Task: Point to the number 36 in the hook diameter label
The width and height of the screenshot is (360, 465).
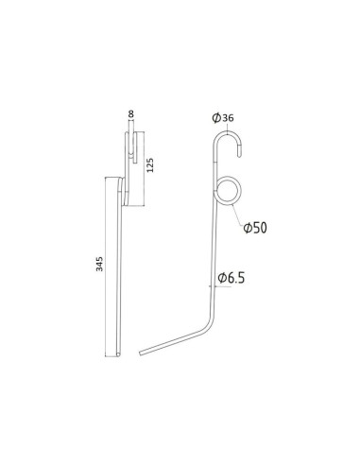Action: tap(230, 117)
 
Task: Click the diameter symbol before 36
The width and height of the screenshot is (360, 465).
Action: tap(216, 117)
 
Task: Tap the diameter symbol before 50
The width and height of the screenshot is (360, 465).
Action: tap(247, 228)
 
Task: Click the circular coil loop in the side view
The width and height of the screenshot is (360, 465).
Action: tap(229, 190)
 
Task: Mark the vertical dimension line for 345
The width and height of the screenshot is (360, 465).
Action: tap(108, 265)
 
